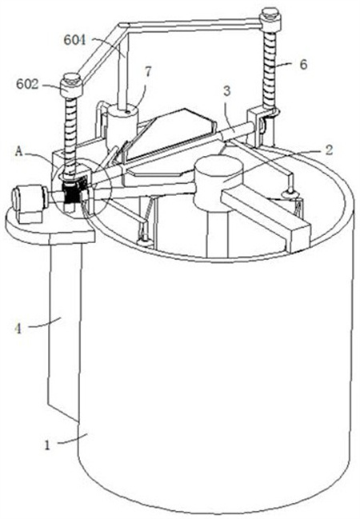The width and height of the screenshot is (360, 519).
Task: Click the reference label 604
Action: tap(74, 40)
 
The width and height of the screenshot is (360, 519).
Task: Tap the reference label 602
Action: tap(28, 85)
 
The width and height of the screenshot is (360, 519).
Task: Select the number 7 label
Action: tap(148, 72)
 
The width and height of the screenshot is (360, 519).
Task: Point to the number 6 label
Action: tap(303, 64)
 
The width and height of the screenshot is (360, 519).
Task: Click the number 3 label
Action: tap(227, 91)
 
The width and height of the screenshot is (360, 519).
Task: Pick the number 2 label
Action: tap(329, 150)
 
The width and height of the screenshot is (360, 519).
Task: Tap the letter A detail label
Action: tap(19, 151)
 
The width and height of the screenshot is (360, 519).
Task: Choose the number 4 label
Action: tap(18, 329)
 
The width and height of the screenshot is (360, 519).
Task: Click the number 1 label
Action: tap(47, 445)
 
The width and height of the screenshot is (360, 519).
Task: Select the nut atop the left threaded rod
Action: tap(71, 85)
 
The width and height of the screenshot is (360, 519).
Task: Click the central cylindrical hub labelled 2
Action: tap(218, 182)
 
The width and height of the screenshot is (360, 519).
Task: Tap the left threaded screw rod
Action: tap(70, 133)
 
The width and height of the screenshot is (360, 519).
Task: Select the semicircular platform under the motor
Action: tap(50, 227)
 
